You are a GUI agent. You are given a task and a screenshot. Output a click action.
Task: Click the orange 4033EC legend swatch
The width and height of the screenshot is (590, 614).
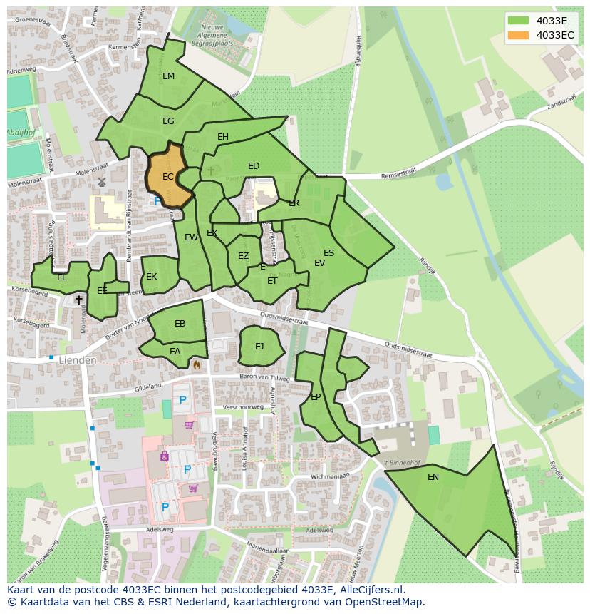click(519, 35)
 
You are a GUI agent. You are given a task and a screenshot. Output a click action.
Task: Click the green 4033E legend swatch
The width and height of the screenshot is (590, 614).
click(519, 21)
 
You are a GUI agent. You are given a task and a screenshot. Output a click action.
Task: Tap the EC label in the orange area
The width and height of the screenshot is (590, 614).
click(168, 177)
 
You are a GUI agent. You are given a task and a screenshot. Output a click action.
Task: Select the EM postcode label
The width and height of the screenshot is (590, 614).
click(168, 76)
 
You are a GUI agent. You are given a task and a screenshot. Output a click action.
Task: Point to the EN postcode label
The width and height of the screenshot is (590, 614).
click(433, 477)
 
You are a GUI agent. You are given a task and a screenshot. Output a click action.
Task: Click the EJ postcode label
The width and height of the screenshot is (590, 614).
click(259, 347)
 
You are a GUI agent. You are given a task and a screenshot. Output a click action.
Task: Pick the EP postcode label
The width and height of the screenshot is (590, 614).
click(316, 397)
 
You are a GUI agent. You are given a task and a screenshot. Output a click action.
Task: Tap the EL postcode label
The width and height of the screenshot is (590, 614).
click(62, 277)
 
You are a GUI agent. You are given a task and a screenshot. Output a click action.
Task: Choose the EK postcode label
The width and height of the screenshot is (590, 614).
click(151, 277)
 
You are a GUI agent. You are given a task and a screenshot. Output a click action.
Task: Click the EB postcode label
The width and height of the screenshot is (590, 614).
click(180, 324)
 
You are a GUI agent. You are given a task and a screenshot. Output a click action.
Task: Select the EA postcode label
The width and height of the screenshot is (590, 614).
click(175, 352)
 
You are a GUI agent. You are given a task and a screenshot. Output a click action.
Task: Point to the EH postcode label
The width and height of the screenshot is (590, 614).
click(223, 137)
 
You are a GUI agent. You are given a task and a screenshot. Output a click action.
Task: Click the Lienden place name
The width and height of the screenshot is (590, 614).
click(78, 361)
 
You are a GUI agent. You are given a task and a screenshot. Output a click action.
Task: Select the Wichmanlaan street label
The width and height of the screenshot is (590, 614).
click(329, 475)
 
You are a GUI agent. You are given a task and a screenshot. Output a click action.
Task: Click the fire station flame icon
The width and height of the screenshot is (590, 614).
click(196, 364)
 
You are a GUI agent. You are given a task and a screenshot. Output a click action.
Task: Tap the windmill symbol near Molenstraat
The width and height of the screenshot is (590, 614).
click(102, 183)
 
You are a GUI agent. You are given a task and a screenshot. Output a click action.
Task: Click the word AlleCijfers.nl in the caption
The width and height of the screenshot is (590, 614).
click(371, 590)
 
